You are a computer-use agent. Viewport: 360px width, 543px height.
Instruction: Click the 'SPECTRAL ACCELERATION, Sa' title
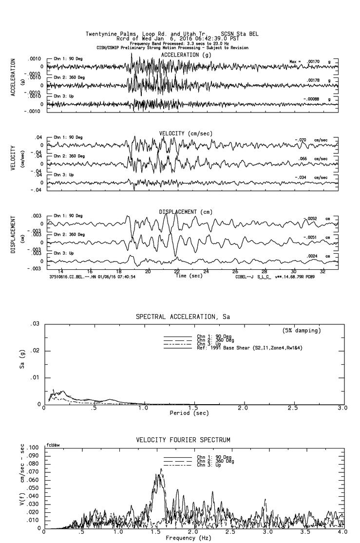[x=183, y=317]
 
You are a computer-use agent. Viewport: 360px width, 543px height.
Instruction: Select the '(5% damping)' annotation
[x=302, y=331]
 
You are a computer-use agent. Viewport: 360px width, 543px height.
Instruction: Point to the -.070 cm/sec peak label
[x=303, y=140]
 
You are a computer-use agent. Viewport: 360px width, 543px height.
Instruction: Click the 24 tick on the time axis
[x=207, y=271]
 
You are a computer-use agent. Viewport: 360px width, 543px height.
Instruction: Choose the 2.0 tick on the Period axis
[x=243, y=408]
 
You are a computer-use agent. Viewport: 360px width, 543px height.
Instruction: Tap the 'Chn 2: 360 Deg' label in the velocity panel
[x=69, y=156]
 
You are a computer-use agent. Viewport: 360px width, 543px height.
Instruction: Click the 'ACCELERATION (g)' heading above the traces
[x=187, y=55]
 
